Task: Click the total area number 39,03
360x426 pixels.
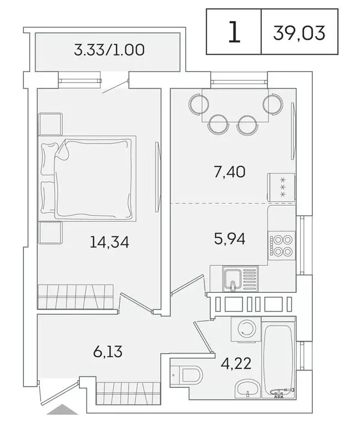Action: tap(299, 33)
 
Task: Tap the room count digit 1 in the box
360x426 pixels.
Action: tap(234, 32)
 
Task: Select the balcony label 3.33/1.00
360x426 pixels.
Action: tap(109, 50)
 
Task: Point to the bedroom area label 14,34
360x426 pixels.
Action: tap(109, 242)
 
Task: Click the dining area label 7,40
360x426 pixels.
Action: tap(230, 171)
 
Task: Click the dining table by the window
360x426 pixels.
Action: tap(236, 103)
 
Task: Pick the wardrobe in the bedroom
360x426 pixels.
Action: tap(75, 297)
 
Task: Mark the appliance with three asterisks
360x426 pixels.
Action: tap(281, 187)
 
